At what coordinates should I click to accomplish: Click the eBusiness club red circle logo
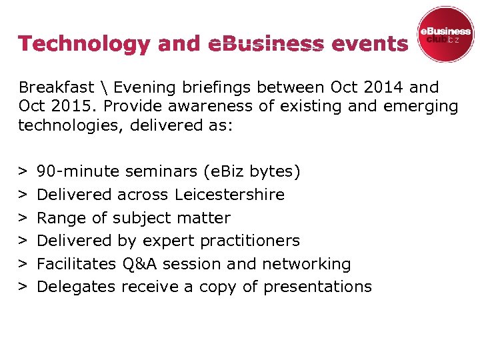445,35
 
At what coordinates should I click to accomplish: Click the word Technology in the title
85,44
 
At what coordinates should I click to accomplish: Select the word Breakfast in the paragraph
56,87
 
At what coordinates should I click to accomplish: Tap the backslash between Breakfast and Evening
104,87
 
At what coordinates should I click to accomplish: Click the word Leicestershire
229,195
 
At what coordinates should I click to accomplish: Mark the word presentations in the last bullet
317,287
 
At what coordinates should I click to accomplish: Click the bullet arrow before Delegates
23,287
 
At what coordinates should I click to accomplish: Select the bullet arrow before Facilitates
23,264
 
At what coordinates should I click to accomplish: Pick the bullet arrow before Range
23,218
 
